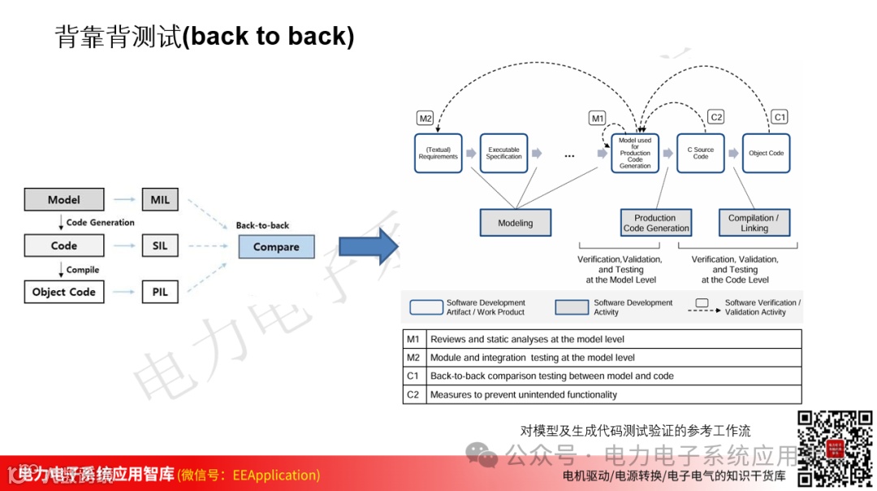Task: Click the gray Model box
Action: (x=64, y=199)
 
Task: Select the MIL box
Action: (x=160, y=199)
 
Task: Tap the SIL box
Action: (x=160, y=245)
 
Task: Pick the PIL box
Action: (x=160, y=292)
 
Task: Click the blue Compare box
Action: (x=276, y=246)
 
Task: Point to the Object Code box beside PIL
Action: (x=64, y=292)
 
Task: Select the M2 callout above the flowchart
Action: (x=426, y=119)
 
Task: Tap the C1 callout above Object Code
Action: (x=780, y=117)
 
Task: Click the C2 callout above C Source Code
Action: (x=716, y=117)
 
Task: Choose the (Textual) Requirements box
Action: (x=438, y=153)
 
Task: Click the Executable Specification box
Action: (x=504, y=153)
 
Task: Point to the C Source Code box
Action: (x=701, y=153)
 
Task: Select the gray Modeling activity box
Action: (x=515, y=223)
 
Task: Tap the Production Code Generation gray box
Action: (x=655, y=223)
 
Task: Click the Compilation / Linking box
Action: (x=754, y=223)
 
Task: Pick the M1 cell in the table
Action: (x=413, y=339)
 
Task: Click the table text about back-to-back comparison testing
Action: (x=551, y=376)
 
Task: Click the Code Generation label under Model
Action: (x=100, y=222)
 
